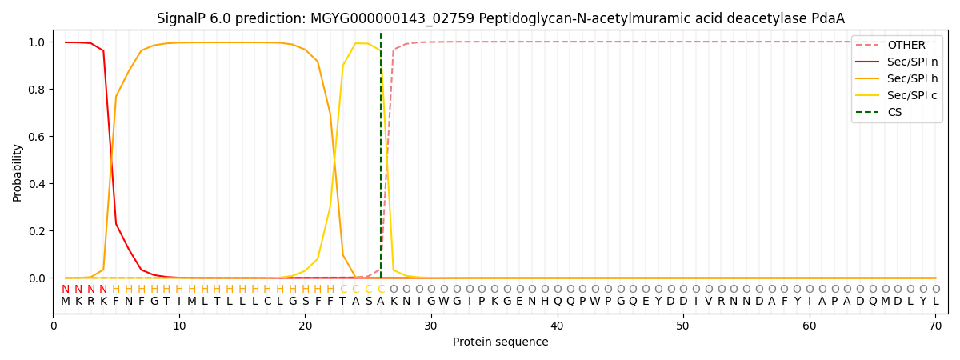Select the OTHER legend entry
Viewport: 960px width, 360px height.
coord(897,45)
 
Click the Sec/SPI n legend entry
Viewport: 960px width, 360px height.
coord(897,62)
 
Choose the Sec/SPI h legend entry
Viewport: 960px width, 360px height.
coord(897,78)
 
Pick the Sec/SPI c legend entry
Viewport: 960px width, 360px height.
coord(897,95)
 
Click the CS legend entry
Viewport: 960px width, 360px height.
coord(878,112)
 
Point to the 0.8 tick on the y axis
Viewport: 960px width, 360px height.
coord(37,90)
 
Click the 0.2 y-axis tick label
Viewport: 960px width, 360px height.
coord(37,231)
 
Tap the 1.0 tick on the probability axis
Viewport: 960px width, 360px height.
coord(37,42)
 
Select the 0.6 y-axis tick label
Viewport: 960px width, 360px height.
coord(37,137)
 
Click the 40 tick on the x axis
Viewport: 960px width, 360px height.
coord(557,326)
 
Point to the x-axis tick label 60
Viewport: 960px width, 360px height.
coord(809,326)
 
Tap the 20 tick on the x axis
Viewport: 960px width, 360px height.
coord(305,326)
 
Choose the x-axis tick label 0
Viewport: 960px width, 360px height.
coord(53,326)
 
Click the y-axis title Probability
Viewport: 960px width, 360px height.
coord(17,173)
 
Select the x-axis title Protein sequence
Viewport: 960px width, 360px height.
coord(501,342)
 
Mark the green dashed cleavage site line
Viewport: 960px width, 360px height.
coord(381,155)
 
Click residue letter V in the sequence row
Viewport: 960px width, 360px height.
coord(709,301)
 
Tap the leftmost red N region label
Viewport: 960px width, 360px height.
coord(66,289)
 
